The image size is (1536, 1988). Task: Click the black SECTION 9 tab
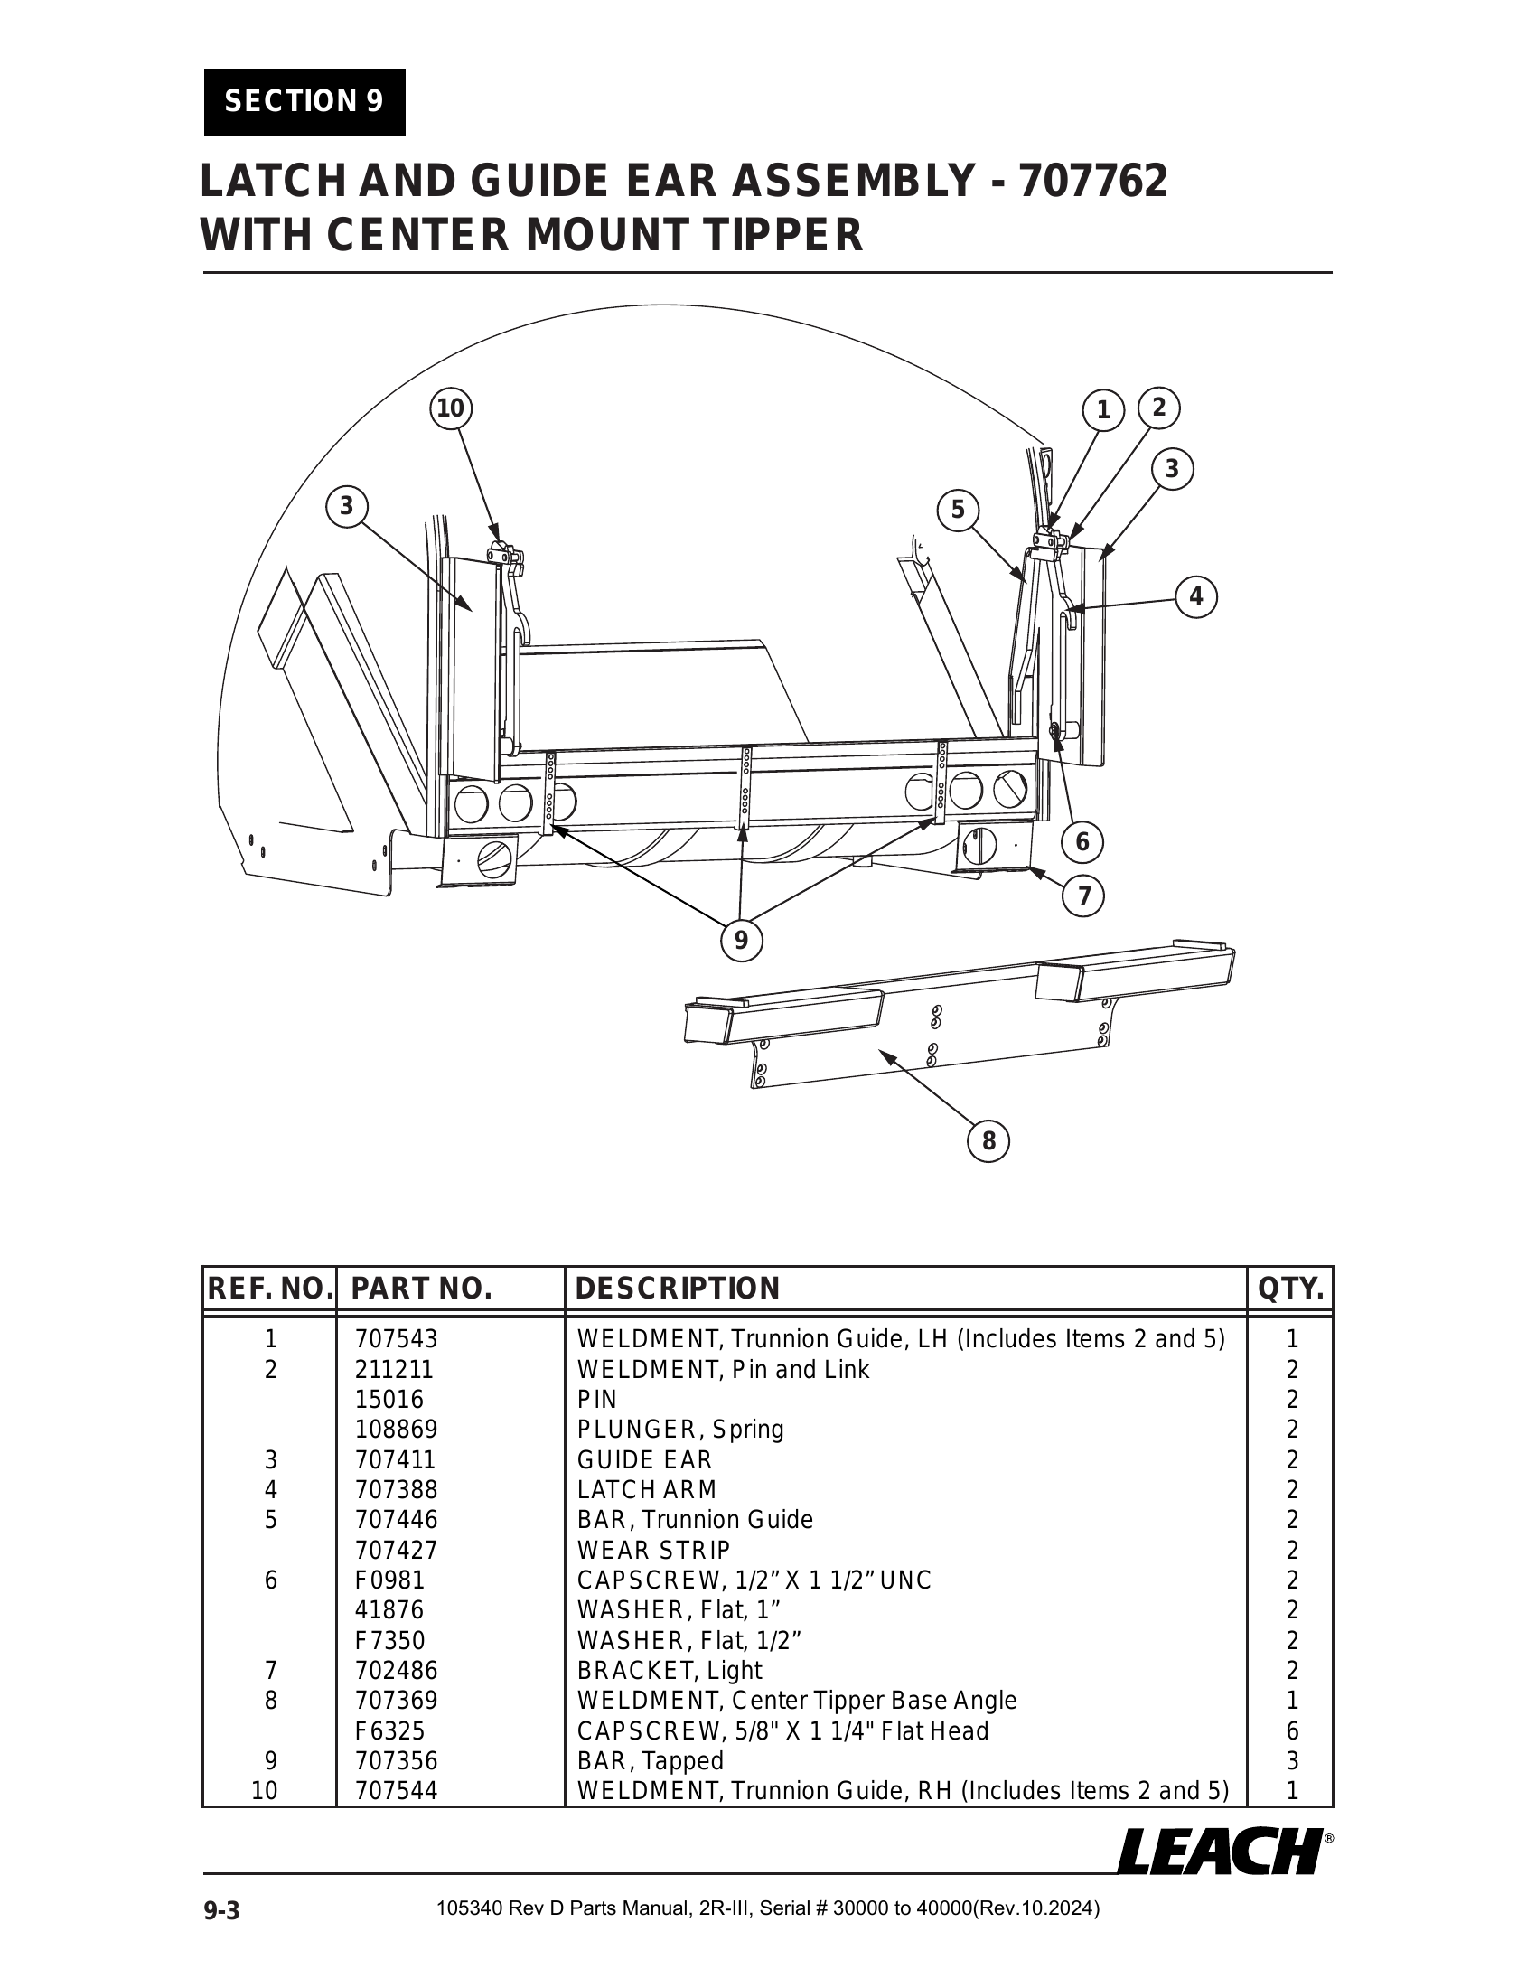pyautogui.click(x=304, y=102)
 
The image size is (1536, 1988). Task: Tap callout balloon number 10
pyautogui.click(x=451, y=408)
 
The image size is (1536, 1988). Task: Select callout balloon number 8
pyautogui.click(x=989, y=1140)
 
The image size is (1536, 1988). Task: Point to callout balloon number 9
pyautogui.click(x=741, y=940)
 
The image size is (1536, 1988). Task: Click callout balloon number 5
pyautogui.click(x=957, y=510)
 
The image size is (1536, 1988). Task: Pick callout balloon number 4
pyautogui.click(x=1195, y=596)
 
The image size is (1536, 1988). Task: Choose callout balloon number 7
pyautogui.click(x=1083, y=896)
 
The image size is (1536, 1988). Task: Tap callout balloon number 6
pyautogui.click(x=1082, y=841)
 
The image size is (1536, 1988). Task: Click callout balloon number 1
pyautogui.click(x=1103, y=410)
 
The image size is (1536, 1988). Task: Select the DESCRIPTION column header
pyautogui.click(x=678, y=1288)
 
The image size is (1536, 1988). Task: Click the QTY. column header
pyautogui.click(x=1290, y=1288)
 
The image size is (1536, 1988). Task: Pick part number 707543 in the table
pyautogui.click(x=396, y=1339)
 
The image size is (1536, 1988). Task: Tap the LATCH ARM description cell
pyautogui.click(x=647, y=1489)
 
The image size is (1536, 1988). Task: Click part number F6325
pyautogui.click(x=389, y=1730)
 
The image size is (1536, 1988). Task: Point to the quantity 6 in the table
pyautogui.click(x=1292, y=1730)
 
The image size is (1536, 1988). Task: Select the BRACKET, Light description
pyautogui.click(x=670, y=1670)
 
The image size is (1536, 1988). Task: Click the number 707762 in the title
pyautogui.click(x=1093, y=180)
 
